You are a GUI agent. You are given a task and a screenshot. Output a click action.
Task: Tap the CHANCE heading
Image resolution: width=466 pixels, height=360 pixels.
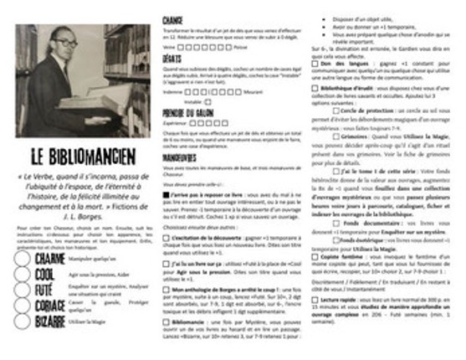(173, 18)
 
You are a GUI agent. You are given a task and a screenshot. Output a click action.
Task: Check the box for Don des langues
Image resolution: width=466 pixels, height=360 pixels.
(315, 64)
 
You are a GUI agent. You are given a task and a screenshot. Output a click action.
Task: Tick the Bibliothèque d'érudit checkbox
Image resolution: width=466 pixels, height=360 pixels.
(315, 86)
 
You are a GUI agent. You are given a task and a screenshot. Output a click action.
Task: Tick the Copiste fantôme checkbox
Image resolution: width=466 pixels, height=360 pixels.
(315, 255)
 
